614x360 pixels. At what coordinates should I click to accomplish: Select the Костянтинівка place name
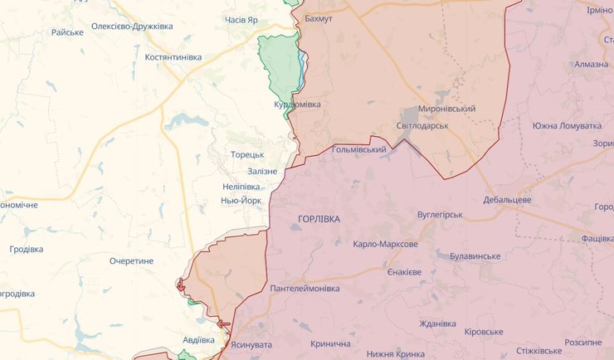pos(173,56)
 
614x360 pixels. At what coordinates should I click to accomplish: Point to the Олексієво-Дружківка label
pos(132,27)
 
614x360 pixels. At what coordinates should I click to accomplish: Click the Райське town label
pos(67,32)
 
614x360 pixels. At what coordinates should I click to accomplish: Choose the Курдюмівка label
pos(297,105)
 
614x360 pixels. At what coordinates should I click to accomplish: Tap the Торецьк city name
pos(247,154)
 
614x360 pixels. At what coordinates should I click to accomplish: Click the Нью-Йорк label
pos(242,201)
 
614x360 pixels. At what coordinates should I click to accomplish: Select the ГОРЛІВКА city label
pos(319,218)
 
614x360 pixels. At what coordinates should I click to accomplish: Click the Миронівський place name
pos(446,109)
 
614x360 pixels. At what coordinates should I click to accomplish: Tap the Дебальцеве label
pos(506,200)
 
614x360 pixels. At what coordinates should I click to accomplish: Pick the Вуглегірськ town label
pos(439,214)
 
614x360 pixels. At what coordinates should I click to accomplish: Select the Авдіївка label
pos(198,339)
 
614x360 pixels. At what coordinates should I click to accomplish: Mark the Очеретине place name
pos(131,260)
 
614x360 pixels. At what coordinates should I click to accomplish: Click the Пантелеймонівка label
pos(305,288)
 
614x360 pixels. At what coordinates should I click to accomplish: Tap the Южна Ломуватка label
pos(567,125)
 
